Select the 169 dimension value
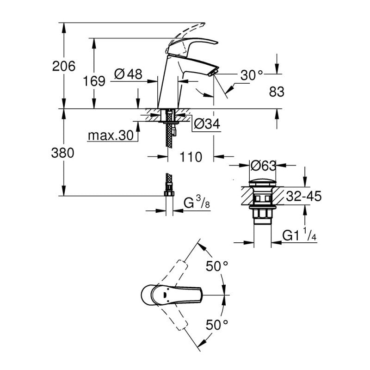(94, 81)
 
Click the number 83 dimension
(276, 92)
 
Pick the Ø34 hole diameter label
(207, 123)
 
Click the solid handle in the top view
(171, 293)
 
